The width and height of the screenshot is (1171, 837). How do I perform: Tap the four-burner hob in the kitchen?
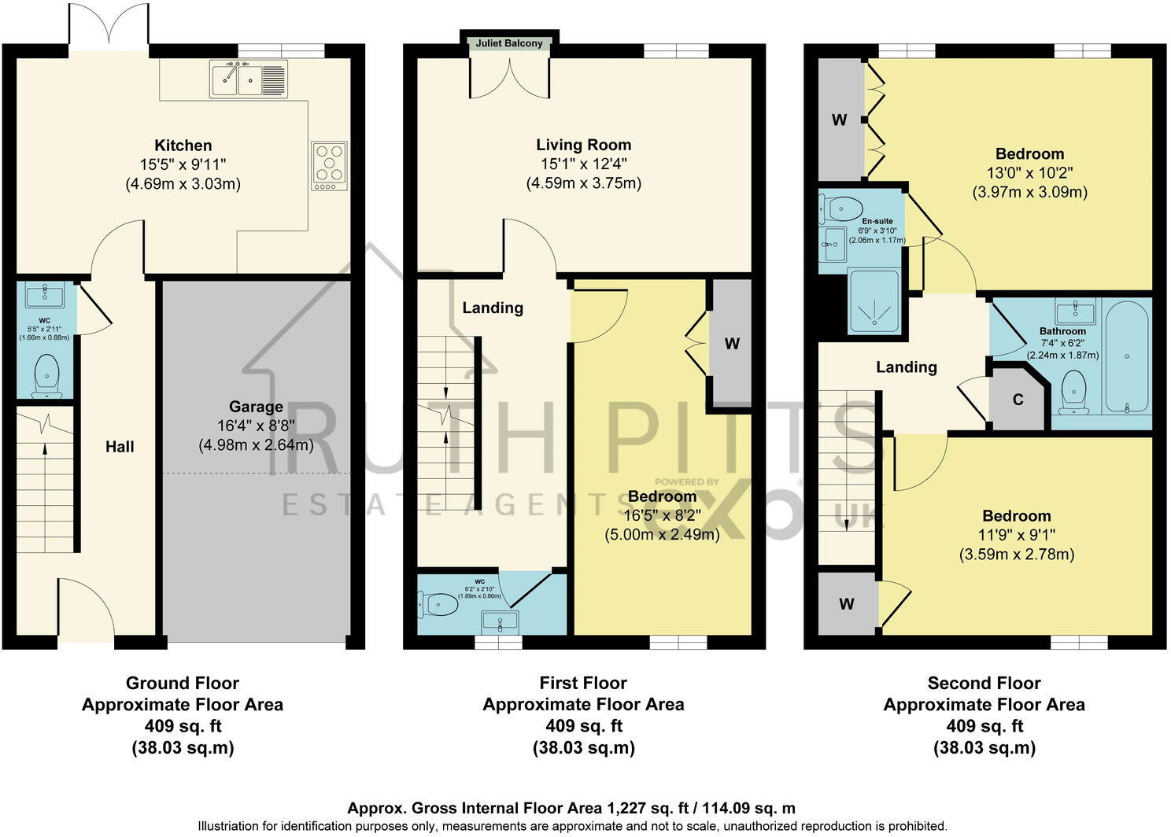(329, 165)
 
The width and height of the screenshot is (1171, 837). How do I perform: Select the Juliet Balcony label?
(509, 43)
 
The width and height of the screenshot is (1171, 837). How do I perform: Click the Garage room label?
(256, 407)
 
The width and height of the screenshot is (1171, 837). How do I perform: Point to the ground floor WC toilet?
(47, 375)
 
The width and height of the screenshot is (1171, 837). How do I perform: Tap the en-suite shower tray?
(874, 301)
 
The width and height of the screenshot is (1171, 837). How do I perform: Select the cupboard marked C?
(1018, 400)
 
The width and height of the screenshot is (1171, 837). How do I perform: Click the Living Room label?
(583, 145)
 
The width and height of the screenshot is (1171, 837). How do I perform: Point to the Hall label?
(120, 447)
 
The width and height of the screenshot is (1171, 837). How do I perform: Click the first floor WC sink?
(498, 621)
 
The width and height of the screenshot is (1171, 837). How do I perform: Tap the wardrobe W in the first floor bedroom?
(731, 344)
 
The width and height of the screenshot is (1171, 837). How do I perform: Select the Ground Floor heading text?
(183, 683)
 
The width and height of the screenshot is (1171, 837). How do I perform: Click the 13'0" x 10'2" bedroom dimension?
(1029, 173)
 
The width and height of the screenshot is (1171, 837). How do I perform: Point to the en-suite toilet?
(837, 208)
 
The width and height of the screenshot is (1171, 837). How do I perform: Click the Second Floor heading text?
(984, 683)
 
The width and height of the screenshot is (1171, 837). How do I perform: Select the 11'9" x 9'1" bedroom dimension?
(1016, 535)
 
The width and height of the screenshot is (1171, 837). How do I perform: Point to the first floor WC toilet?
(437, 605)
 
